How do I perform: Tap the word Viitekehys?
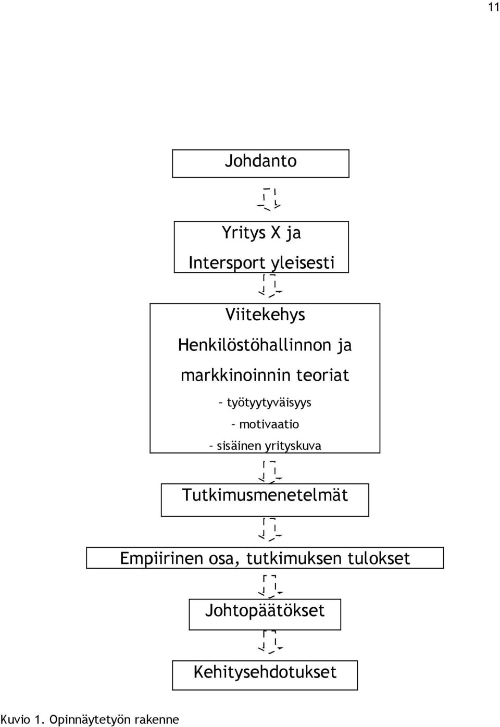265,315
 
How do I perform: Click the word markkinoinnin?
235,375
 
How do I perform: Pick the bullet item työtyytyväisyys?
269,403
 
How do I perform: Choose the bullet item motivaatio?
269,424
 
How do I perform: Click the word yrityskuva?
293,446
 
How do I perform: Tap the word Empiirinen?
161,559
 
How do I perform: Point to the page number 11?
494,7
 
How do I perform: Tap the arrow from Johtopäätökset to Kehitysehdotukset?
270,642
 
